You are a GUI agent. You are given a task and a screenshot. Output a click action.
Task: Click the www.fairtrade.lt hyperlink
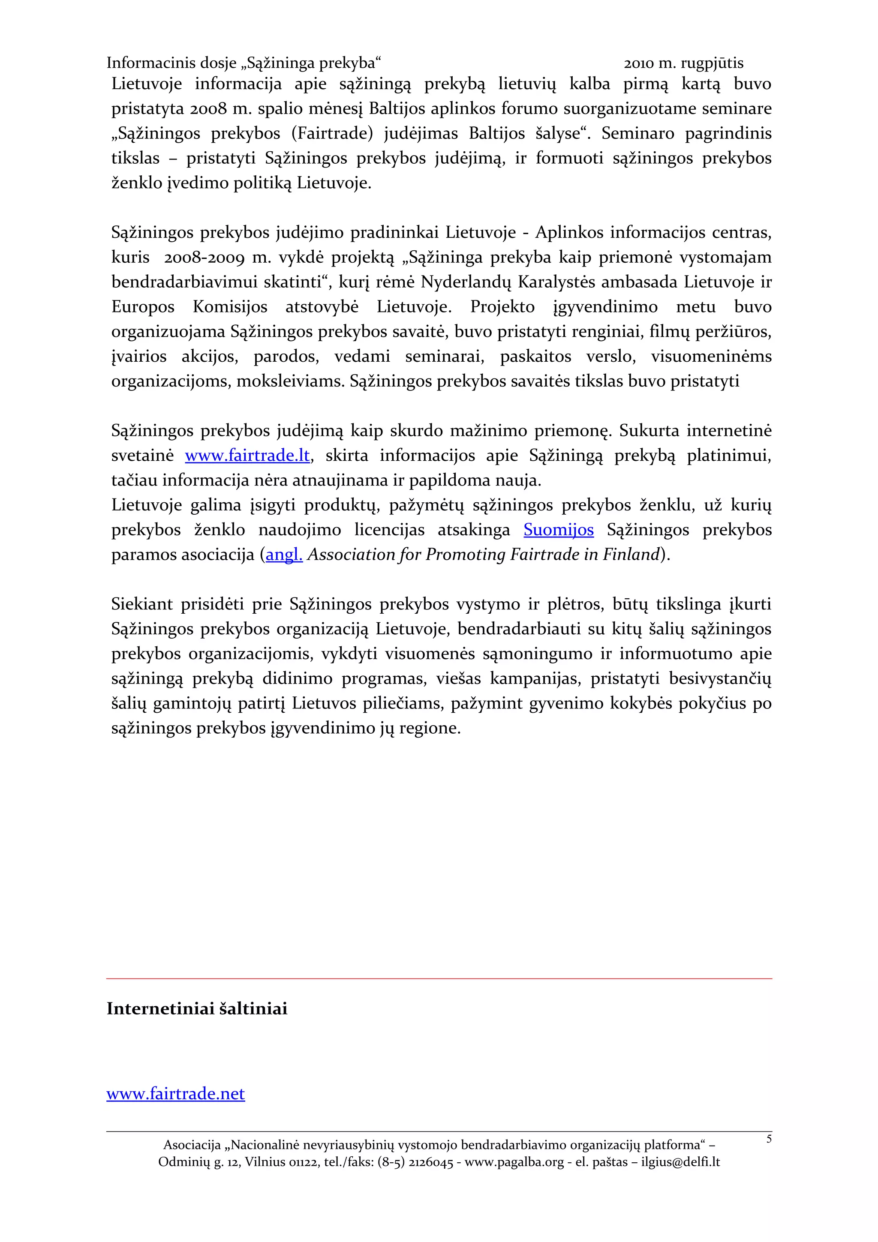point(247,456)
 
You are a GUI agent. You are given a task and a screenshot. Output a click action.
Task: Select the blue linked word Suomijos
point(558,530)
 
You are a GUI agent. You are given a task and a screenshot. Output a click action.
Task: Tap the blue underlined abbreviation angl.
point(284,555)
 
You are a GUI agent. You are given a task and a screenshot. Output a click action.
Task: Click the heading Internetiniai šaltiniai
point(197,1008)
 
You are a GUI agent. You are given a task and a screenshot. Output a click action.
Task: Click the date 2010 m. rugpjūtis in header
point(683,63)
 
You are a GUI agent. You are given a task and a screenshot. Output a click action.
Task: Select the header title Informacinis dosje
point(171,63)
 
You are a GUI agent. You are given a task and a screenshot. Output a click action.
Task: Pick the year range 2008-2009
point(204,258)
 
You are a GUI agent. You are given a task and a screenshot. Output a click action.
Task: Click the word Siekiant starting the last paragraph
point(142,604)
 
